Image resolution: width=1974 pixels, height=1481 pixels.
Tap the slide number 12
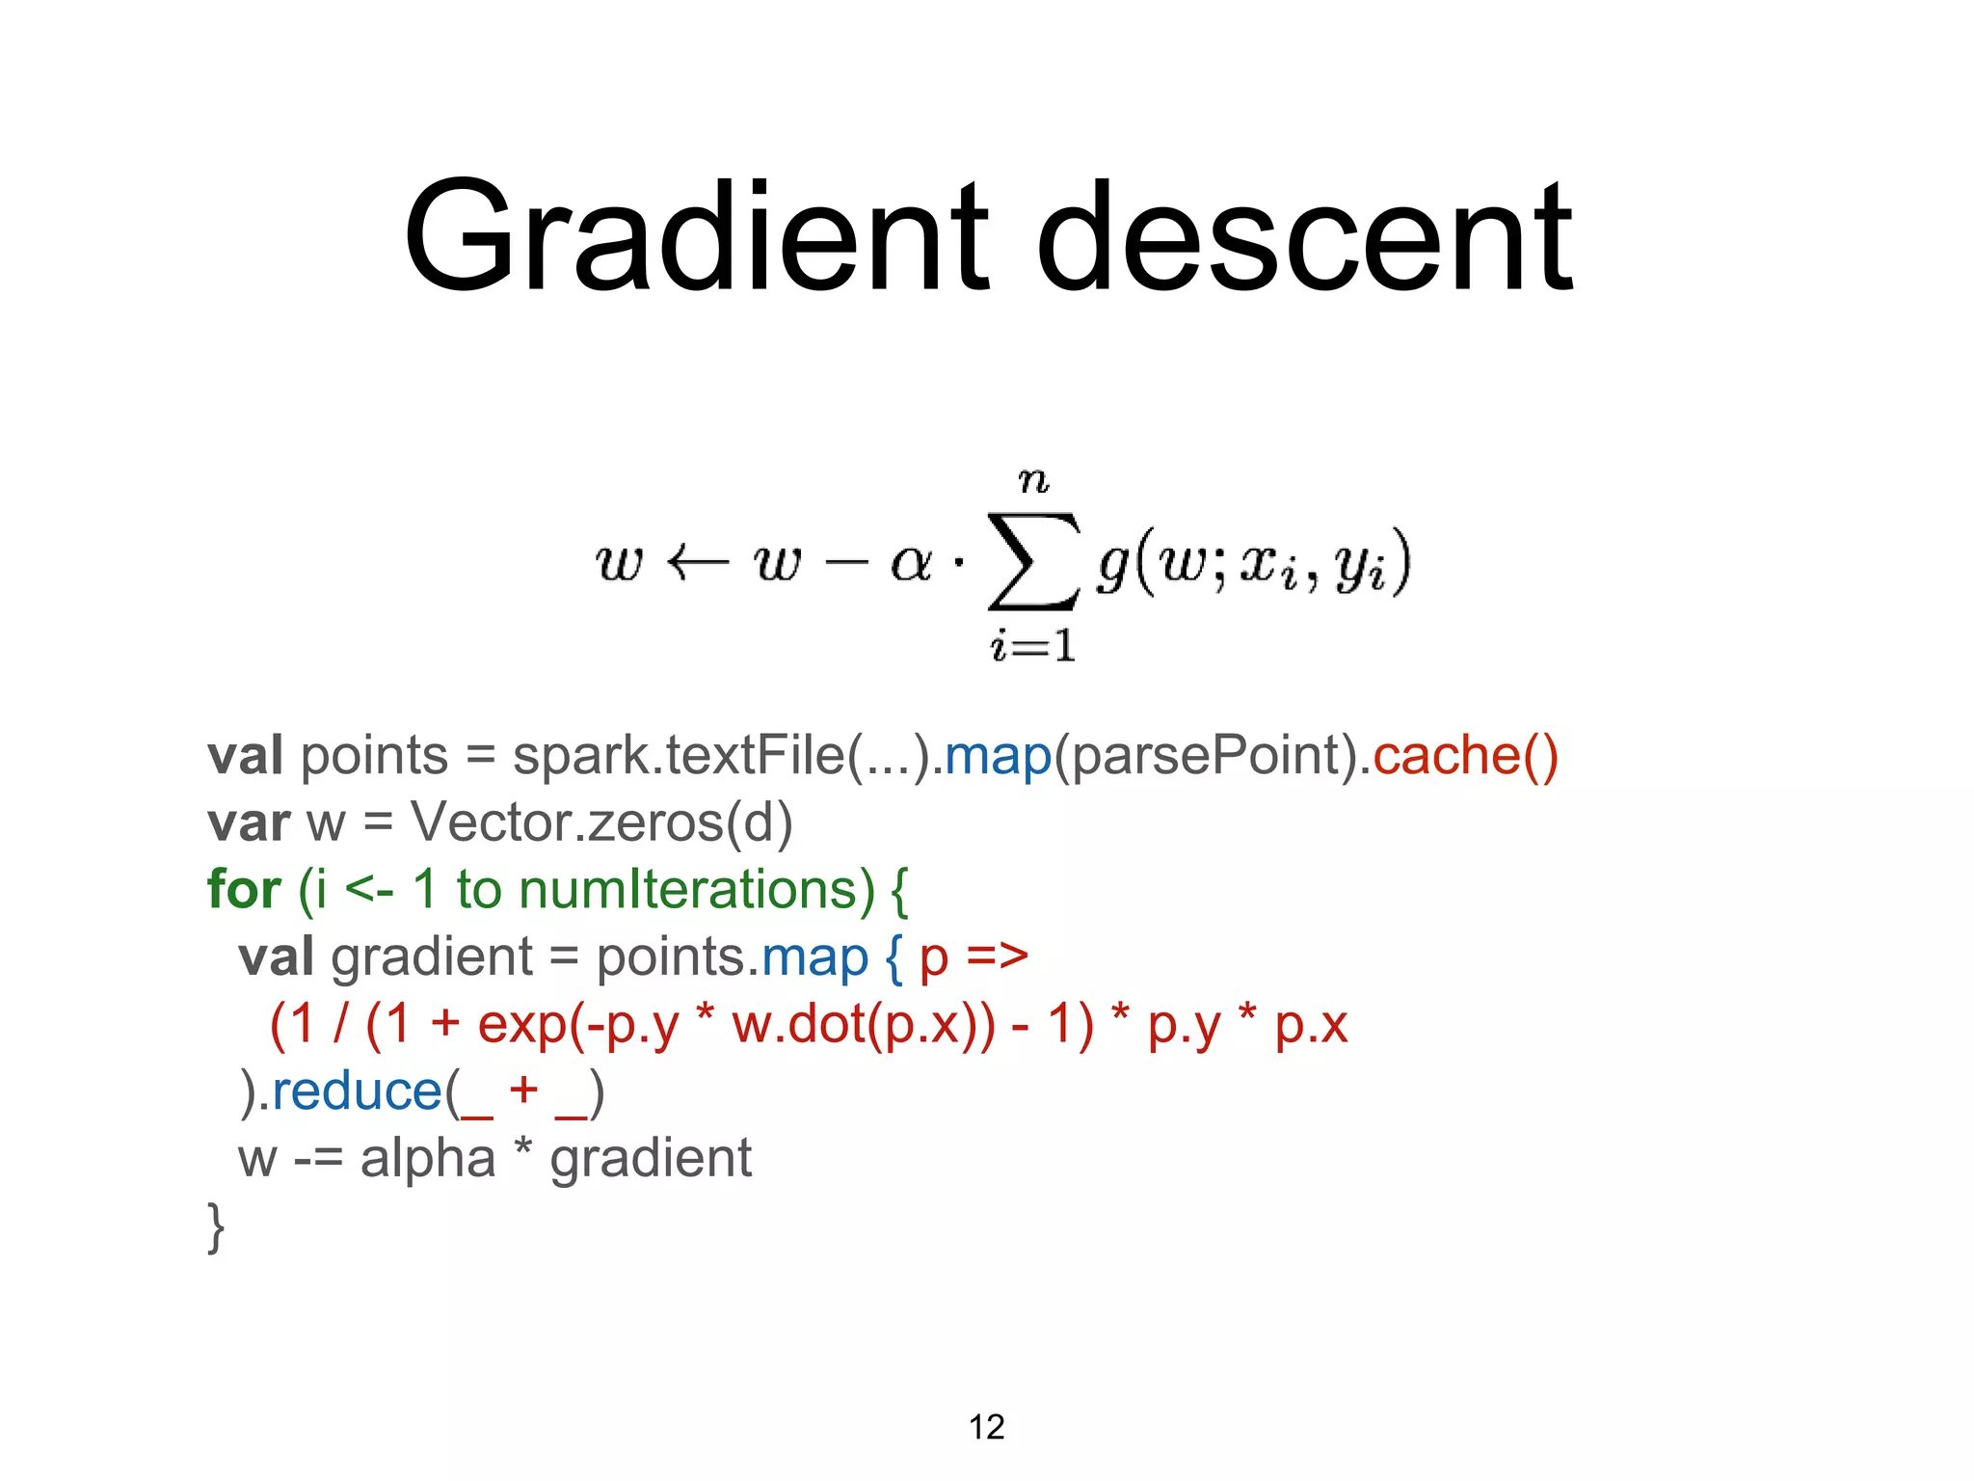coord(986,1427)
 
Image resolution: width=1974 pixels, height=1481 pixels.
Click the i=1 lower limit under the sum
coord(1032,645)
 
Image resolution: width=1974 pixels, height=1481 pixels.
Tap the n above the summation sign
coord(1033,479)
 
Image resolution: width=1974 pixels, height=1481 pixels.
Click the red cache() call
coord(1464,755)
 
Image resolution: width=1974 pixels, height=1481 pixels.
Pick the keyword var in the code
coord(248,822)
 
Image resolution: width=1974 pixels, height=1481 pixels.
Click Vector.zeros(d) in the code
coord(600,822)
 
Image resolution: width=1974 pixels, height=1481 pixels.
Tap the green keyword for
coord(244,889)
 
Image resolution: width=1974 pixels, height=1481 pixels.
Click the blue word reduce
coord(357,1091)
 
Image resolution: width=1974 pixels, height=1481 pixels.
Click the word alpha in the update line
coord(427,1159)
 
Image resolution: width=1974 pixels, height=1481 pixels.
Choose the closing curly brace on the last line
coord(216,1226)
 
